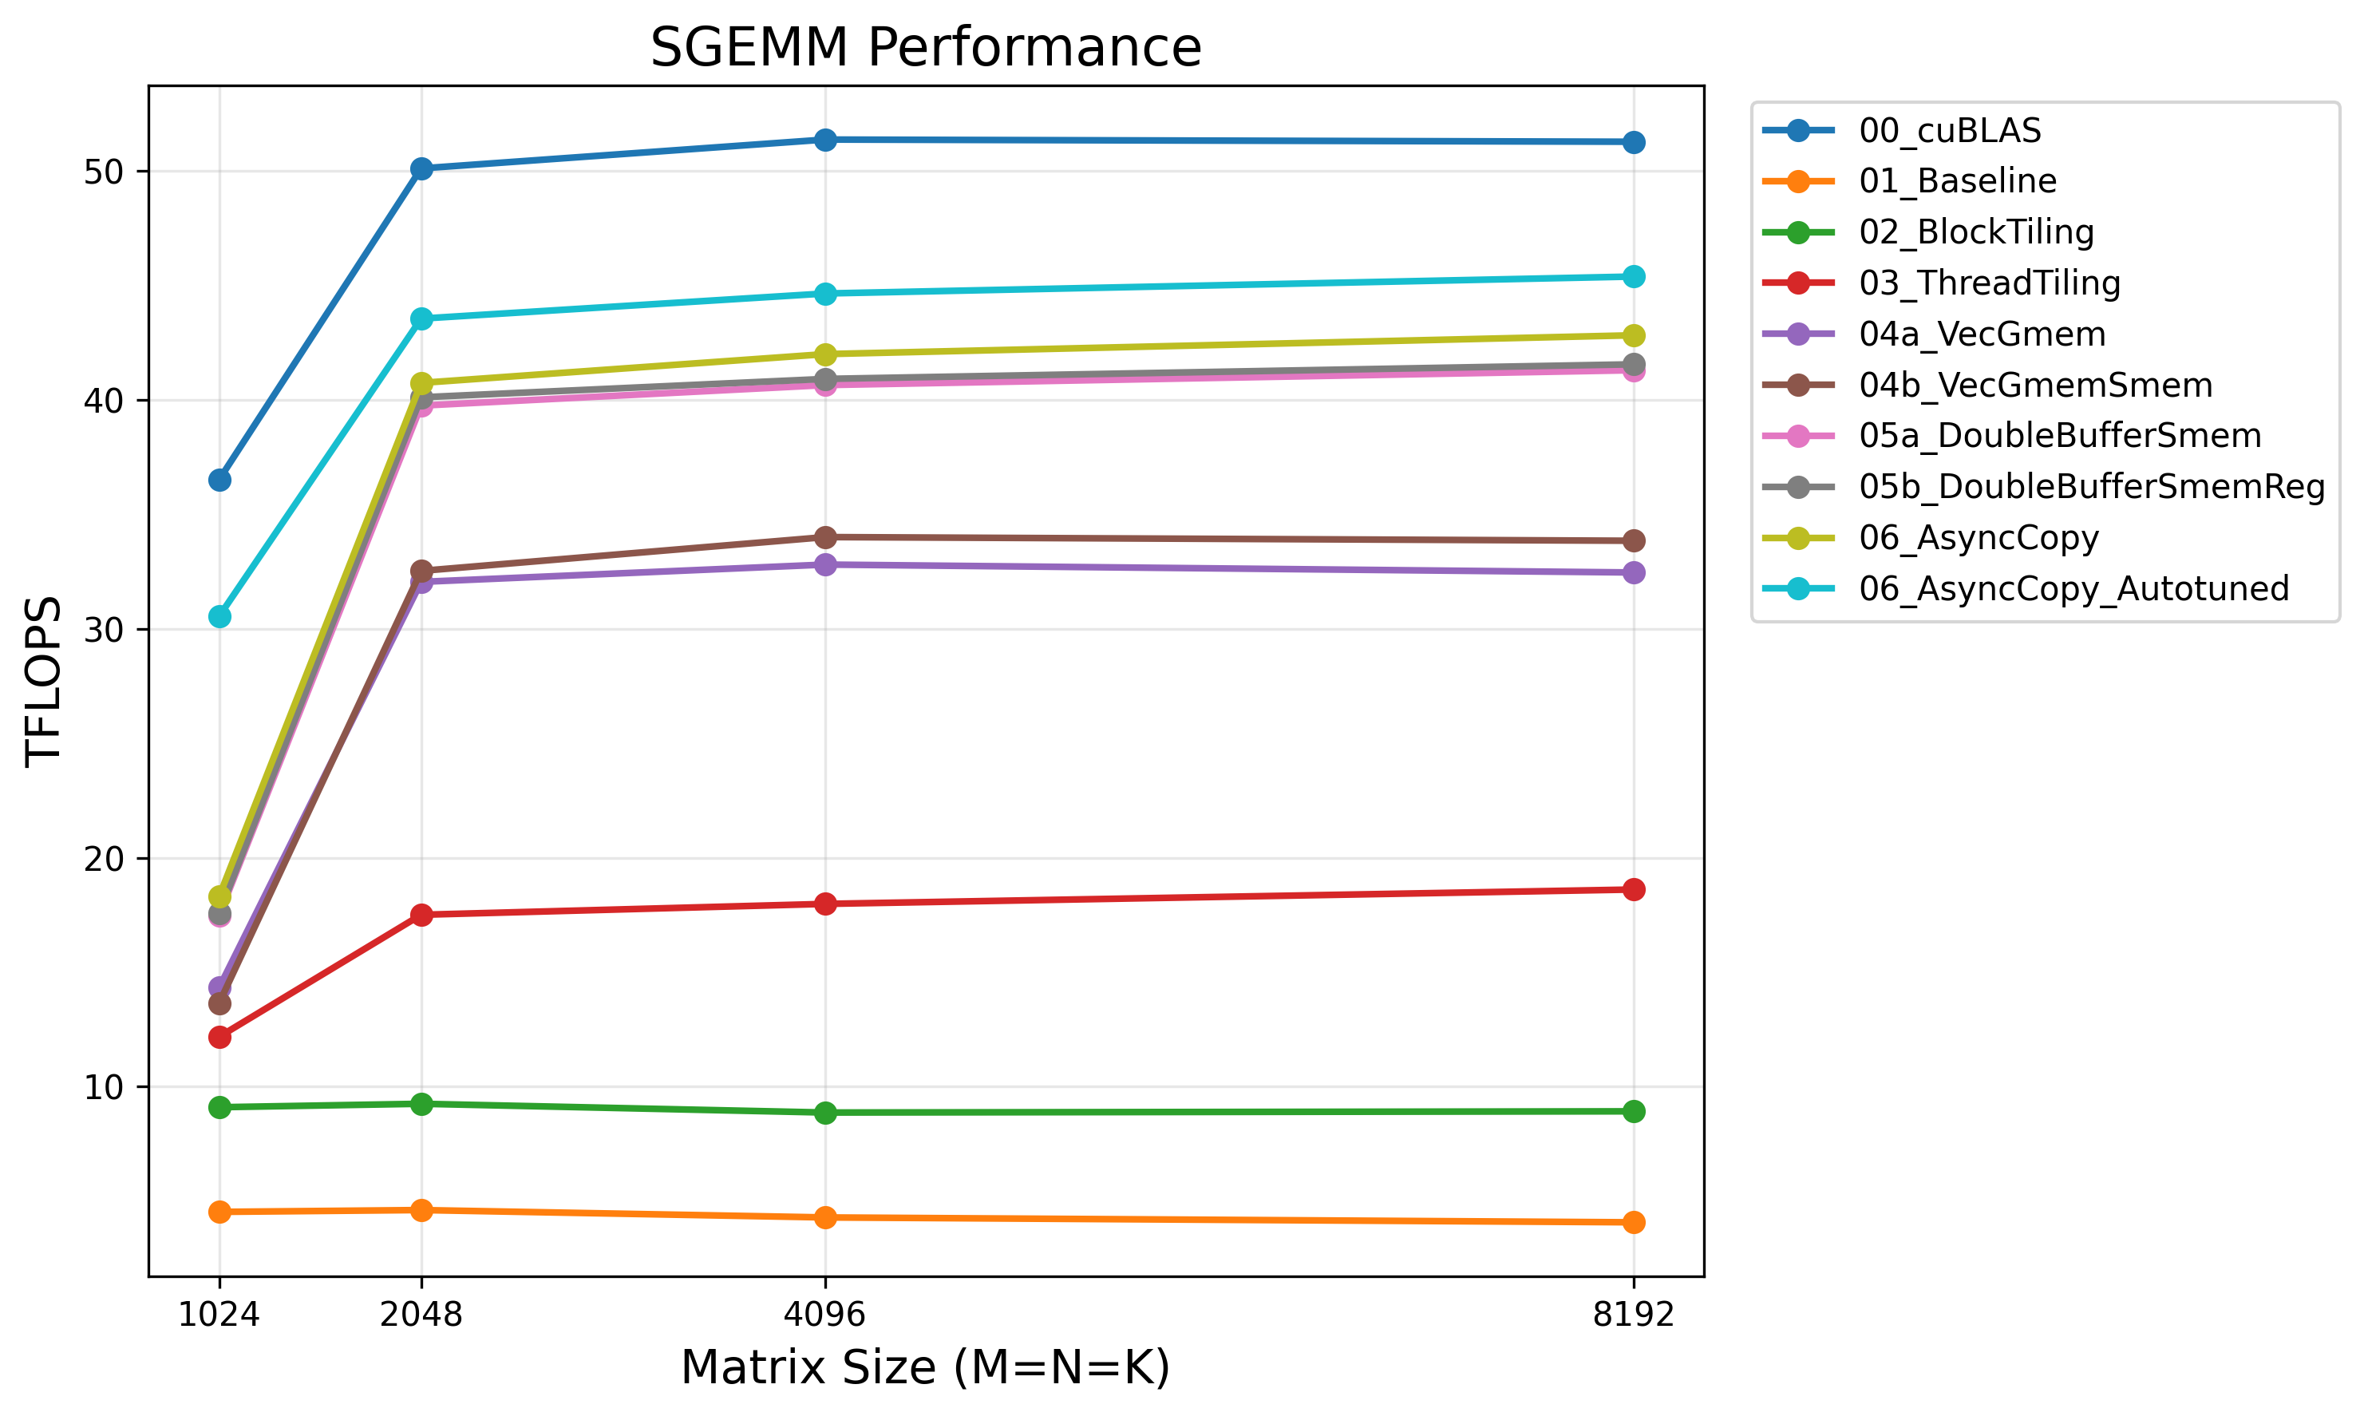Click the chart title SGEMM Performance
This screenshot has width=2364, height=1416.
point(925,48)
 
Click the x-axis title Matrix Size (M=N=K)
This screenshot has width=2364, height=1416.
point(925,1367)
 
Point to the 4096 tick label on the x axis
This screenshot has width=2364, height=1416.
point(825,1315)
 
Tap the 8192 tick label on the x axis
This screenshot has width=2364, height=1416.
point(1633,1315)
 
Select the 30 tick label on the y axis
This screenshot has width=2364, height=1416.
point(104,630)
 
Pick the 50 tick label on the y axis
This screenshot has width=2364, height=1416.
point(104,172)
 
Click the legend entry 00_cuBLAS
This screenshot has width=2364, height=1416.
point(1949,131)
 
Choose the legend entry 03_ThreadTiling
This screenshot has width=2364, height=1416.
point(1989,283)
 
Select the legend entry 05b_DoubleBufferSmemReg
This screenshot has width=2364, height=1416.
point(2091,487)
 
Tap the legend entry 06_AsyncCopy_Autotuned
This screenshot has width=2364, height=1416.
point(2073,589)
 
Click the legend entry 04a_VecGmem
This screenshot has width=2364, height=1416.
point(1982,334)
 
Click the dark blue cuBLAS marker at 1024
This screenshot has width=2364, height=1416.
point(219,480)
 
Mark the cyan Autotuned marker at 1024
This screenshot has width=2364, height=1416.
point(219,616)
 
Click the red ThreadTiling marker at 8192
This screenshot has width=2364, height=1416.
point(1633,889)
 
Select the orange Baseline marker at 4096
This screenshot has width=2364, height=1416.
point(825,1217)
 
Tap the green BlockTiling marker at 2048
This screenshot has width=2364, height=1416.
point(421,1104)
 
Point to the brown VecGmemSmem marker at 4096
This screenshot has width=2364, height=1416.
point(825,537)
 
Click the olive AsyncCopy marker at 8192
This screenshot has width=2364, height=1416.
point(1633,335)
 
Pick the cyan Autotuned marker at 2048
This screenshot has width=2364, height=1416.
point(421,318)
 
